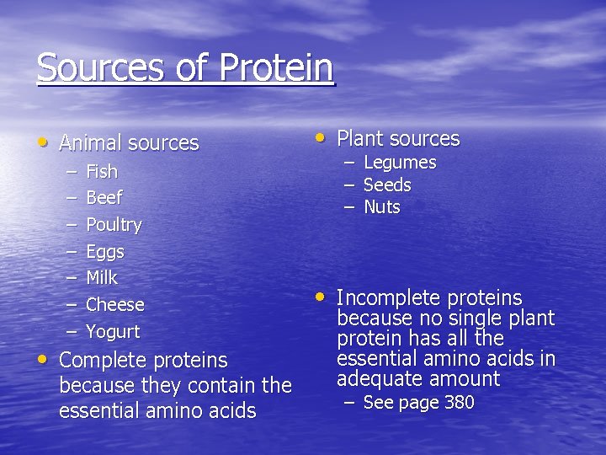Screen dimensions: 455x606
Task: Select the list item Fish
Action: [102, 172]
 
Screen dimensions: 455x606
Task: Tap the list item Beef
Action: [104, 198]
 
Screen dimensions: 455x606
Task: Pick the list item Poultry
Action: [114, 225]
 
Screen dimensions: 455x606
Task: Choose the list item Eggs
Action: [105, 252]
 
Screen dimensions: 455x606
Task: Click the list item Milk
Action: [102, 278]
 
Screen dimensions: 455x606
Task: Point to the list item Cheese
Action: [115, 305]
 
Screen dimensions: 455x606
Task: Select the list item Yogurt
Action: [113, 332]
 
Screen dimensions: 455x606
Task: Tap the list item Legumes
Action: [399, 163]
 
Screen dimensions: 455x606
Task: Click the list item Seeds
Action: [387, 185]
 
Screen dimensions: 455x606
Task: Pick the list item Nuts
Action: [381, 207]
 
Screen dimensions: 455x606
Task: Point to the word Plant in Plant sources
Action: [360, 139]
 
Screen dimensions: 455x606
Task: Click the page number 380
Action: [459, 403]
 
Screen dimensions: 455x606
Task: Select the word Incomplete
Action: [388, 298]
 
